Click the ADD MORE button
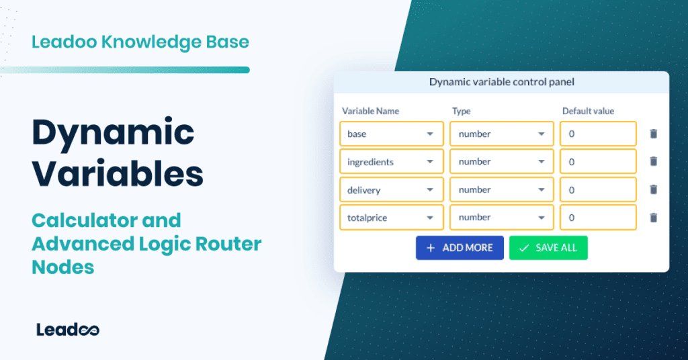click(x=460, y=247)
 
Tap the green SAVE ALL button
click(x=548, y=247)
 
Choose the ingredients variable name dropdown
click(x=391, y=162)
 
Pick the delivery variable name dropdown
click(x=391, y=190)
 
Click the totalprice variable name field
click(x=391, y=218)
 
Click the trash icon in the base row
click(x=654, y=134)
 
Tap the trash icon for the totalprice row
click(x=654, y=218)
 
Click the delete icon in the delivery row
click(x=654, y=190)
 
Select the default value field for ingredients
click(x=598, y=162)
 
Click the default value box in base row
click(x=598, y=134)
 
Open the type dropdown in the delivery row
click(x=502, y=190)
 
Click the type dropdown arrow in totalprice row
click(x=541, y=218)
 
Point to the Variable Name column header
click(x=370, y=111)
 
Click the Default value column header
click(x=588, y=111)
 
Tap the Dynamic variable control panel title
click(x=501, y=83)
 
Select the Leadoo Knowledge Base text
click(x=140, y=42)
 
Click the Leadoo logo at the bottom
click(x=68, y=329)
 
